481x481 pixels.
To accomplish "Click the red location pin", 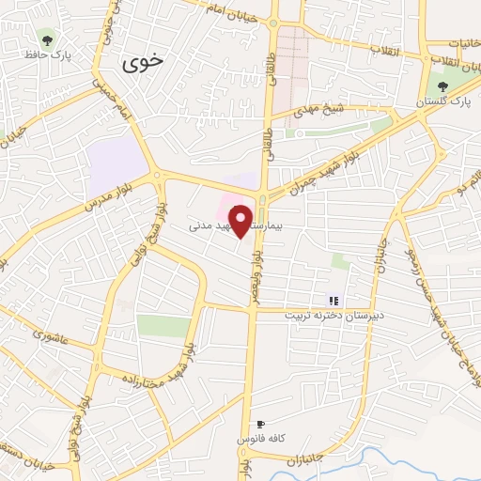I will coord(241,220).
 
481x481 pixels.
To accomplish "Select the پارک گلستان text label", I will coord(446,100).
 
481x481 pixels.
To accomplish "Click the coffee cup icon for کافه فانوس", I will coord(260,425).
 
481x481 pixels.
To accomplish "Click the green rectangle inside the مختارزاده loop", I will coord(163,325).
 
